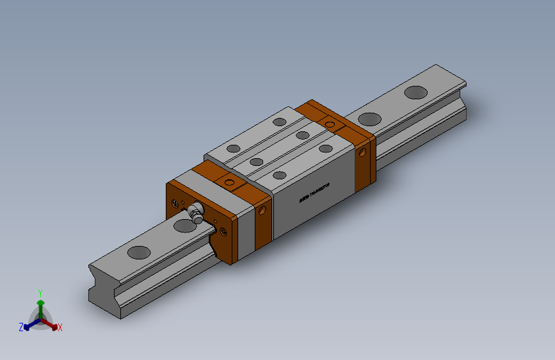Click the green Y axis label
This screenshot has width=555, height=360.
tap(40, 292)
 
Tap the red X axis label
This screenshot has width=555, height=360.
tap(60, 328)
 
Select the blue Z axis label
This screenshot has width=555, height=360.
tap(21, 327)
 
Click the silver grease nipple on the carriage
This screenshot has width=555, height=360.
tap(195, 211)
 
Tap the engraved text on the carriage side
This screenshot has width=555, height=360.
tap(314, 193)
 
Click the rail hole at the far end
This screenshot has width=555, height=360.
tap(416, 92)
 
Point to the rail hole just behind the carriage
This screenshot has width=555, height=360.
tap(369, 119)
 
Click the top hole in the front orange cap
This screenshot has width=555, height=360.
tap(227, 184)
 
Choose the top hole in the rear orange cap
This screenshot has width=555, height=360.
tap(330, 124)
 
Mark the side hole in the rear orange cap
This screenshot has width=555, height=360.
tap(364, 152)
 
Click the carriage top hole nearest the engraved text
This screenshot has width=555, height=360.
tap(279, 174)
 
